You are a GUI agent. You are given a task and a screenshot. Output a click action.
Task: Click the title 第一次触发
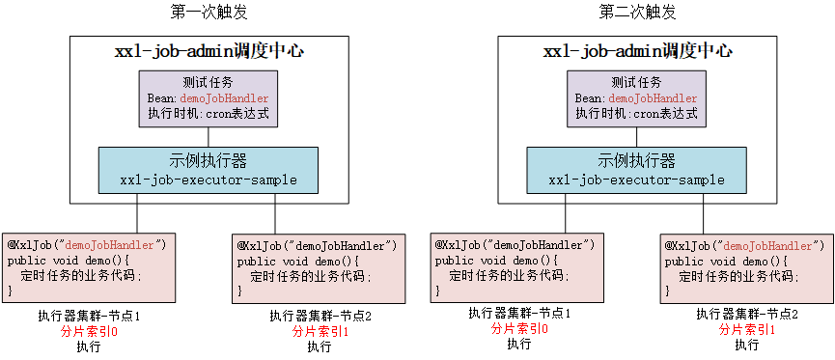pyautogui.click(x=206, y=13)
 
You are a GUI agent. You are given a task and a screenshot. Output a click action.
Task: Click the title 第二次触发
pyautogui.click(x=637, y=13)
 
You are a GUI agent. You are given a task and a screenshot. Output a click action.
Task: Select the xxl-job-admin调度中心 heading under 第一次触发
pyautogui.click(x=208, y=51)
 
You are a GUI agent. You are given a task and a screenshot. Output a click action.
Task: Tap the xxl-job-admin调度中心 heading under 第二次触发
pyautogui.click(x=637, y=51)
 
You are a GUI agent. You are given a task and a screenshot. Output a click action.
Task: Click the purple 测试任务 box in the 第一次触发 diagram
pyautogui.click(x=207, y=98)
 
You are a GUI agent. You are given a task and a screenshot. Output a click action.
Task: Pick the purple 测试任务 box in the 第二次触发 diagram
pyautogui.click(x=636, y=98)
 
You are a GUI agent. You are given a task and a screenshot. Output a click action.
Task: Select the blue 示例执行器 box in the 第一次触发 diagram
pyautogui.click(x=208, y=170)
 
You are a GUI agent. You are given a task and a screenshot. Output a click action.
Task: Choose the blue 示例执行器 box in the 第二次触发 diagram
pyautogui.click(x=636, y=170)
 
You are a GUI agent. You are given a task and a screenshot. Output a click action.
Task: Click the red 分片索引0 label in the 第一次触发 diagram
pyautogui.click(x=88, y=331)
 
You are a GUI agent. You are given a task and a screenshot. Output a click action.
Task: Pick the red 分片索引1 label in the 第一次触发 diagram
pyautogui.click(x=320, y=331)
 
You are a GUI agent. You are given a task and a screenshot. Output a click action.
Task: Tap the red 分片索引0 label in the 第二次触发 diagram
pyautogui.click(x=518, y=329)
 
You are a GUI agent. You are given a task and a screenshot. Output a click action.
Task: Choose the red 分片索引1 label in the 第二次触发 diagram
pyautogui.click(x=747, y=329)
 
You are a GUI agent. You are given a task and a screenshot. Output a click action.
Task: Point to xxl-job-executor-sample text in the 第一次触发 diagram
pyautogui.click(x=208, y=180)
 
